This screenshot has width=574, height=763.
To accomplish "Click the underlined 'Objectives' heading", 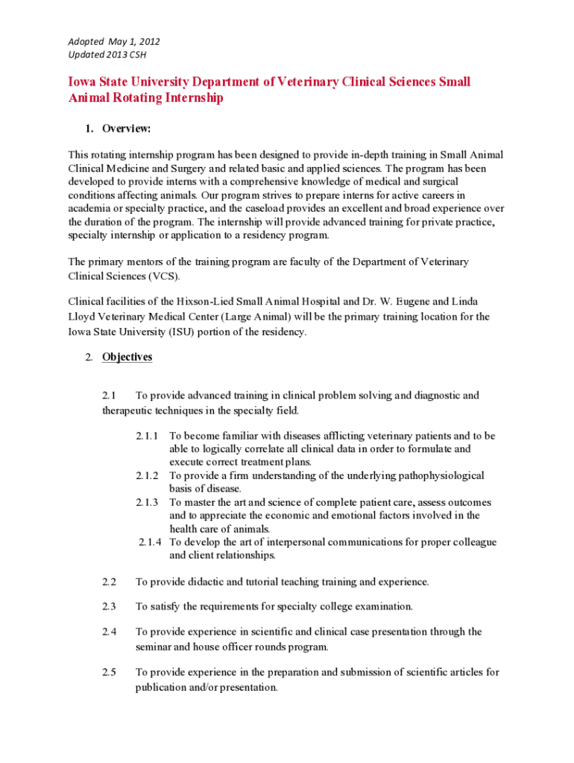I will [x=127, y=357].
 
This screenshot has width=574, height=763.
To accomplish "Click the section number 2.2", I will [x=110, y=581].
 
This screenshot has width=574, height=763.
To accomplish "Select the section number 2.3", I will [x=110, y=606].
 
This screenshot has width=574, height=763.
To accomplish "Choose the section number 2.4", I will [x=110, y=632].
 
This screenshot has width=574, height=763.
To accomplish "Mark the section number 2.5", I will [x=110, y=672].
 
